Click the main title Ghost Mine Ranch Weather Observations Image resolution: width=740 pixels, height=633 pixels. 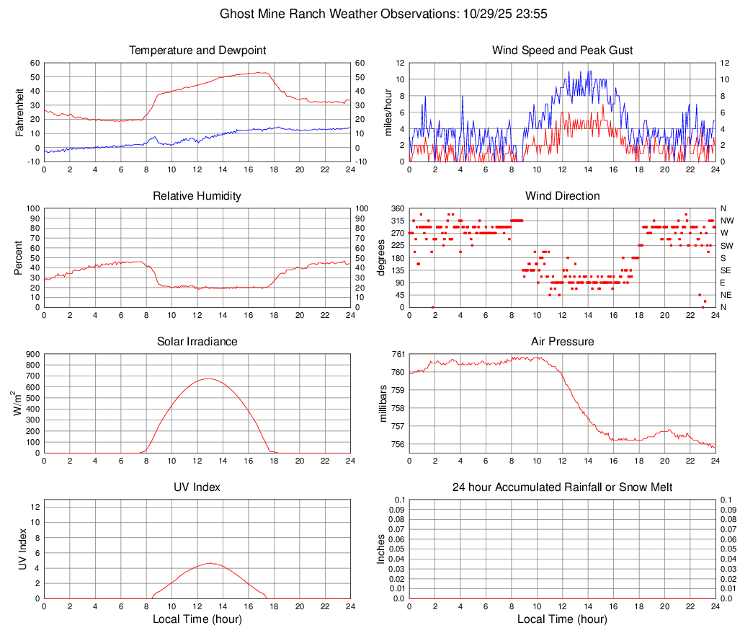click(x=370, y=14)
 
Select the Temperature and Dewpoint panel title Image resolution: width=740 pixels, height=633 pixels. click(x=197, y=50)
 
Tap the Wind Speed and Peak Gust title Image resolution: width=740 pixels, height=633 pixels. click(x=562, y=50)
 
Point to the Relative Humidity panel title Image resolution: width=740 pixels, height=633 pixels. click(x=197, y=196)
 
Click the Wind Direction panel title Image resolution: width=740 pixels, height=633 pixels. click(x=562, y=196)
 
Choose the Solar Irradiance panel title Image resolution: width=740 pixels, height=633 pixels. click(x=197, y=342)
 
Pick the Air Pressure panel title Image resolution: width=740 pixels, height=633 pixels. click(x=562, y=342)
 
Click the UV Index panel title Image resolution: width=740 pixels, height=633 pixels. click(x=197, y=487)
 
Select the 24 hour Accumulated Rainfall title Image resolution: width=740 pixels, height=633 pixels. click(x=562, y=487)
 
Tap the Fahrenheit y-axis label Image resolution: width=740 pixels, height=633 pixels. click(x=19, y=112)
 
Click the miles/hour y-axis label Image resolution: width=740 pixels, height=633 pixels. click(x=384, y=112)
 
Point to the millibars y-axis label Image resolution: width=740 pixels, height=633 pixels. click(x=384, y=403)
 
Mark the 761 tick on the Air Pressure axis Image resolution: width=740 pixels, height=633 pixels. click(x=397, y=354)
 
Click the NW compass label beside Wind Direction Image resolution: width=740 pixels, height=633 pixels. click(x=726, y=221)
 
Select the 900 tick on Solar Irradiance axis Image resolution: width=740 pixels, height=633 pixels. click(x=32, y=354)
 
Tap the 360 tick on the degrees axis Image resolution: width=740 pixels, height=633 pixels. click(x=397, y=208)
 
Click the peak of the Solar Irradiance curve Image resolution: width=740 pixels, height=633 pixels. click(x=209, y=379)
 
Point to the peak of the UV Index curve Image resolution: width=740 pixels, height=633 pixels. click(x=210, y=563)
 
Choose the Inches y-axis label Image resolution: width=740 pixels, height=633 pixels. click(x=382, y=549)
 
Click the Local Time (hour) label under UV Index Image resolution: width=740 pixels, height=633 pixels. click(x=197, y=619)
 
